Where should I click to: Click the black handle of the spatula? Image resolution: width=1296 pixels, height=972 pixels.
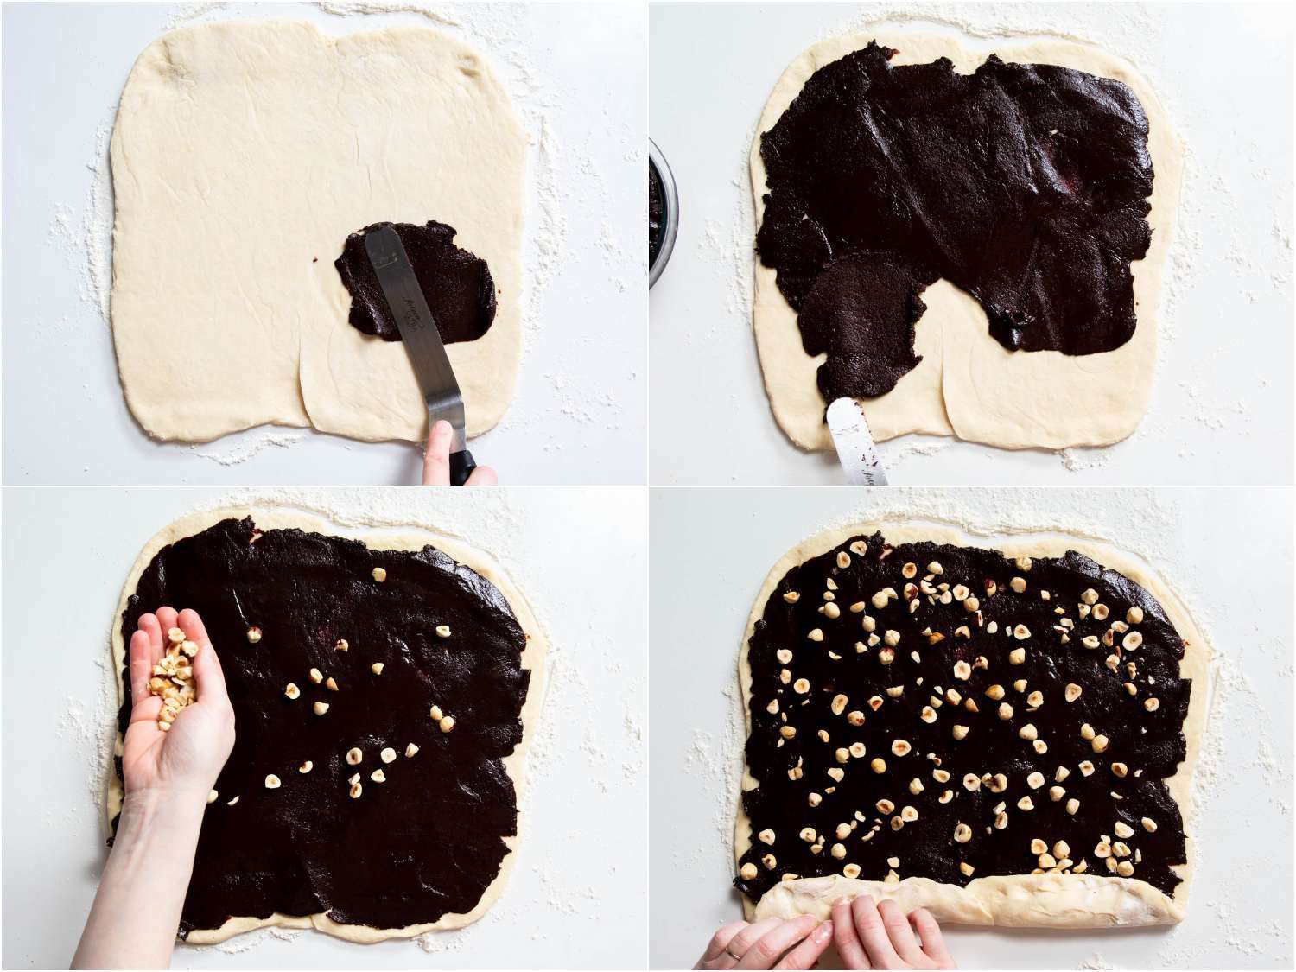pyautogui.click(x=464, y=467)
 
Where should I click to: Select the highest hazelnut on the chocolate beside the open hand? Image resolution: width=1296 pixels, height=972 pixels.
pyautogui.click(x=377, y=575)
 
